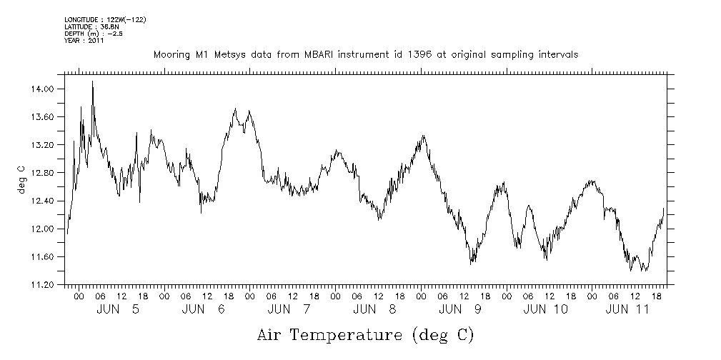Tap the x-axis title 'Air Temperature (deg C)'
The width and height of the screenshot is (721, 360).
point(365,334)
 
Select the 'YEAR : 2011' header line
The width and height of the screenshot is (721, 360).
point(84,40)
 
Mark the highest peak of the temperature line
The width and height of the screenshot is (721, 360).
point(92,81)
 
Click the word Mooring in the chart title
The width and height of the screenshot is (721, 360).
point(171,54)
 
